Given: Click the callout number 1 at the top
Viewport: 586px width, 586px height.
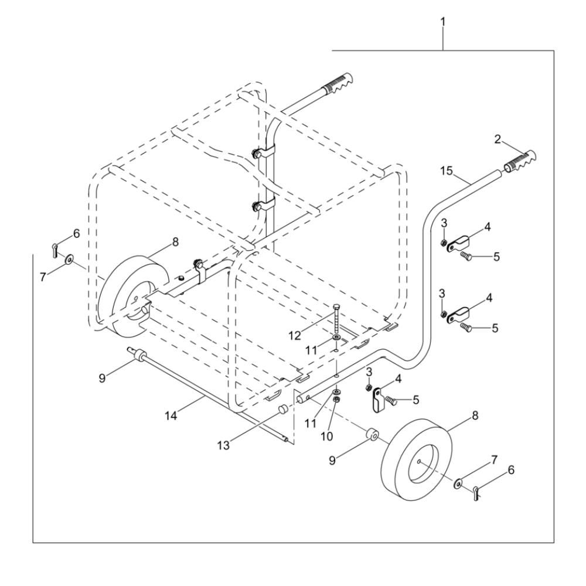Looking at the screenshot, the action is [x=443, y=22].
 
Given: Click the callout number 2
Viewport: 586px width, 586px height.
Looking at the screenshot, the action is [x=498, y=140].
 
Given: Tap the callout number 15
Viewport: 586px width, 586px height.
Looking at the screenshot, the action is [x=446, y=171].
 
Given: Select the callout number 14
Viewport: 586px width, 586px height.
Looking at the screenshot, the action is [x=171, y=415].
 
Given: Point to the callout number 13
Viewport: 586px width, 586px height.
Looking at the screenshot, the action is [x=224, y=445].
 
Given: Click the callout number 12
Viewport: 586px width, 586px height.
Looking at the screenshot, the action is [x=295, y=336].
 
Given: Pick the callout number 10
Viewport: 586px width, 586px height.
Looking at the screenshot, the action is [x=327, y=436].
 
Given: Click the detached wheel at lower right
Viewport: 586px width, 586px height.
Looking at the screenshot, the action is [x=415, y=459].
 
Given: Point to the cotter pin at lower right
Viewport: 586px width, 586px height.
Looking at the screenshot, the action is [x=475, y=493].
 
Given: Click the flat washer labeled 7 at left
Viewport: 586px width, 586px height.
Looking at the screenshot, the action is [x=69, y=258].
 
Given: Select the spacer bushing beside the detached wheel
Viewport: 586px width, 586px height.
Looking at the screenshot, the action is [x=373, y=435].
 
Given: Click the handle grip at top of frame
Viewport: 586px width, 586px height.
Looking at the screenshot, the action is [x=338, y=83].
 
